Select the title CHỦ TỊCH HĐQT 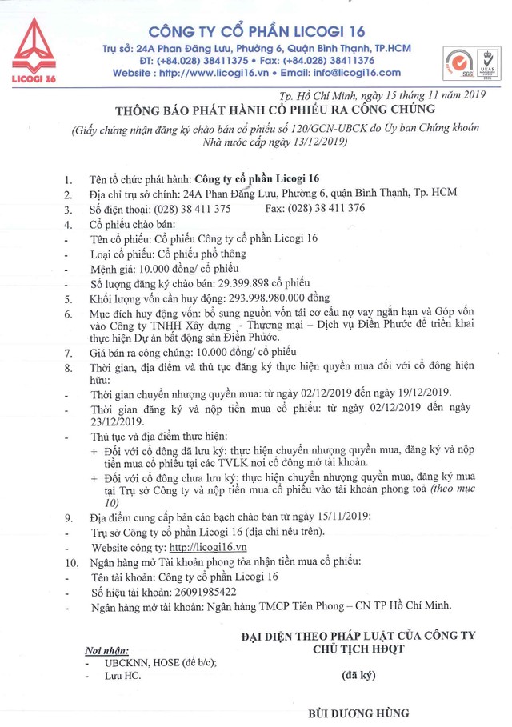coord(358,648)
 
